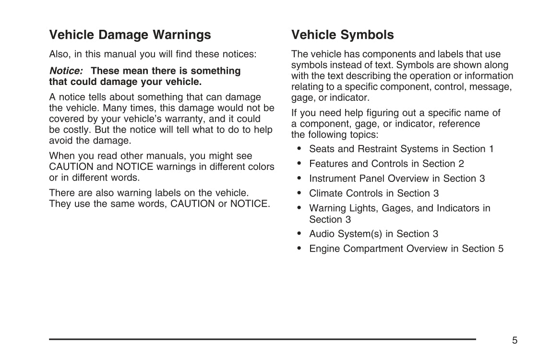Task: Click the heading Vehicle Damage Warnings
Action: click(130, 35)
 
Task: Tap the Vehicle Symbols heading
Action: click(343, 35)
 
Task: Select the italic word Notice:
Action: click(66, 71)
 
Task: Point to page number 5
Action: click(515, 340)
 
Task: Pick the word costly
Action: click(75, 130)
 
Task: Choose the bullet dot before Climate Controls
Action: click(299, 193)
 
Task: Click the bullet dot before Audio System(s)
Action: click(299, 234)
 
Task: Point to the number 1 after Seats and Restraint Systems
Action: click(491, 149)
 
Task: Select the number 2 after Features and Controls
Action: click(461, 164)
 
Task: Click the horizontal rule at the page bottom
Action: click(262, 339)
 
